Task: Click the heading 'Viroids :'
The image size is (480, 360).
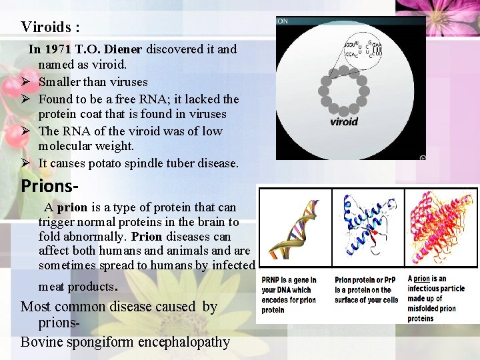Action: pyautogui.click(x=50, y=27)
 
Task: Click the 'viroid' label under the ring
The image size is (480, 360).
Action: pyautogui.click(x=344, y=122)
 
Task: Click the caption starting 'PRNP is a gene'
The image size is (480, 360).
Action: pyautogui.click(x=289, y=295)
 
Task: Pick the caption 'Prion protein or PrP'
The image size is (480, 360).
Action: pyautogui.click(x=366, y=290)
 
